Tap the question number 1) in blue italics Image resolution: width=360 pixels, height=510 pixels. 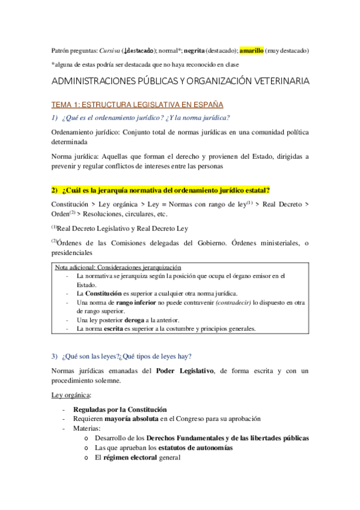click(54, 117)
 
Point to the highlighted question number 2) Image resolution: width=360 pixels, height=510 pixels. click(55, 190)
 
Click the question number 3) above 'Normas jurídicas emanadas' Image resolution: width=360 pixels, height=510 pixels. click(54, 356)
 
